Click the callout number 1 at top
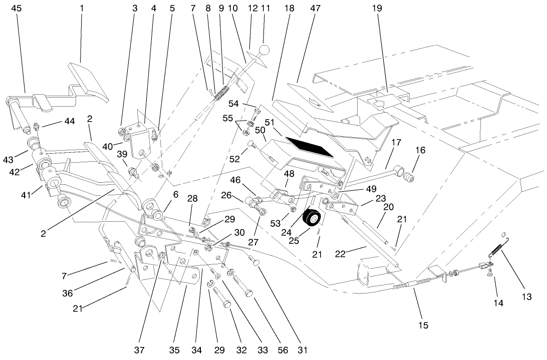81,9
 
